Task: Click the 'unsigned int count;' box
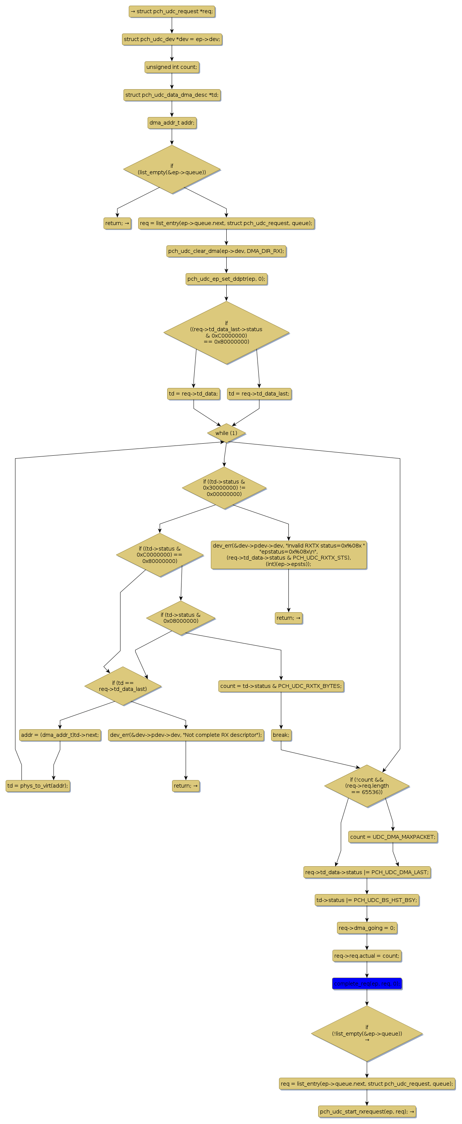tap(172, 67)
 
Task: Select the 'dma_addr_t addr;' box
tap(172, 123)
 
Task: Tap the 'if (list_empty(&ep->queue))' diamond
tap(172, 169)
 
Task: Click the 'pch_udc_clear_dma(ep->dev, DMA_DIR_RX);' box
tap(226, 251)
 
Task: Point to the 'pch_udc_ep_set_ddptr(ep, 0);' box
tap(226, 279)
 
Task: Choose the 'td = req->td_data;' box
tap(193, 394)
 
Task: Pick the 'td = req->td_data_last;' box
tap(259, 394)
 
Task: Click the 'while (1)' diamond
tap(226, 433)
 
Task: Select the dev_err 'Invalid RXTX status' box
tap(288, 555)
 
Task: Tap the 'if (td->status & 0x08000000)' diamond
tap(180, 618)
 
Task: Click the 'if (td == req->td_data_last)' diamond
tap(123, 686)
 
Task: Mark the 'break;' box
tap(281, 735)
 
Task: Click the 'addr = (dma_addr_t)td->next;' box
tap(60, 735)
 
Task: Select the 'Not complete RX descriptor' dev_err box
tap(186, 735)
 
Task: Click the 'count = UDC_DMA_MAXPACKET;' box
tap(393, 837)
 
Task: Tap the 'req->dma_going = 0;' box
tap(367, 928)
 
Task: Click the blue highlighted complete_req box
tap(367, 984)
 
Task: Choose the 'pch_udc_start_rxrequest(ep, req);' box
tap(367, 1112)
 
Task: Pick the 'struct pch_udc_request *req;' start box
tap(172, 12)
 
